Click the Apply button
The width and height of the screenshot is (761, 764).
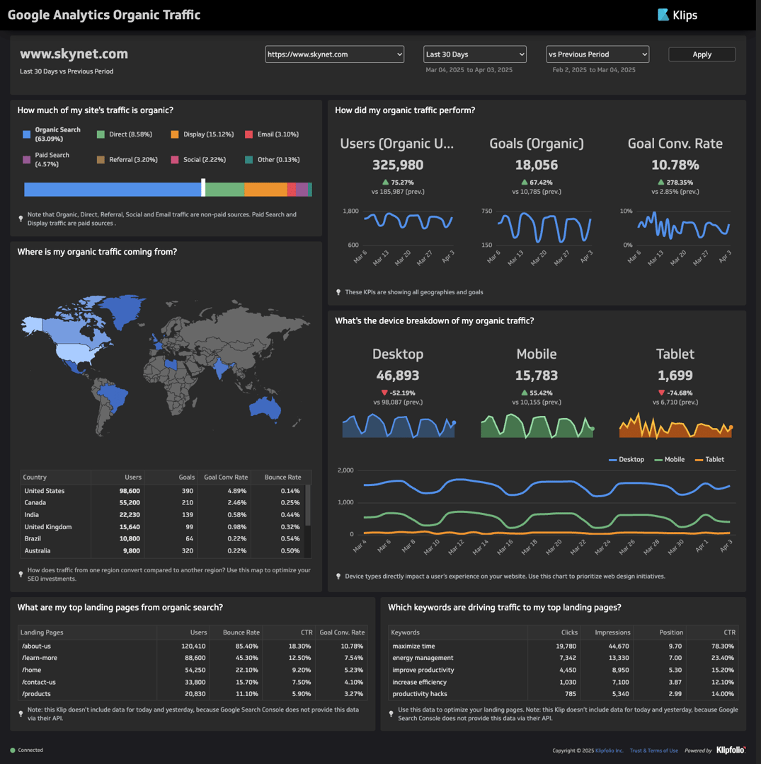pyautogui.click(x=702, y=54)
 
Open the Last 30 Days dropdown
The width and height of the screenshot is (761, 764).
pyautogui.click(x=475, y=54)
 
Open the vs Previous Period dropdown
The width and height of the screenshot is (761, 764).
pyautogui.click(x=597, y=54)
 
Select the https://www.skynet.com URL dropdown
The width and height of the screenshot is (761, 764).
pyautogui.click(x=334, y=54)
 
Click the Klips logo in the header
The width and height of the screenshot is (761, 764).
pyautogui.click(x=677, y=15)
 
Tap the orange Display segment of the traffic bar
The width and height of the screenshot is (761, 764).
pyautogui.click(x=265, y=190)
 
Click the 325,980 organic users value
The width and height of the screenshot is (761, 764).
pyautogui.click(x=398, y=165)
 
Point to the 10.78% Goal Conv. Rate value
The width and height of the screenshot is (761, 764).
pyautogui.click(x=675, y=165)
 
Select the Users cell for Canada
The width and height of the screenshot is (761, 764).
pyautogui.click(x=127, y=503)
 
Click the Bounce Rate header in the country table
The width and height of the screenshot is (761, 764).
pyautogui.click(x=283, y=477)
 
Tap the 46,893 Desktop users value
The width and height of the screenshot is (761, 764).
pyautogui.click(x=398, y=376)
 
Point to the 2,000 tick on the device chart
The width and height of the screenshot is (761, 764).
pyautogui.click(x=345, y=470)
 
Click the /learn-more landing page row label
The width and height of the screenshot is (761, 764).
pyautogui.click(x=40, y=658)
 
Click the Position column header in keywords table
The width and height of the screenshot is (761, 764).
pyautogui.click(x=670, y=632)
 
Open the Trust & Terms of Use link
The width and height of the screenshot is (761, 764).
pyautogui.click(x=653, y=751)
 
